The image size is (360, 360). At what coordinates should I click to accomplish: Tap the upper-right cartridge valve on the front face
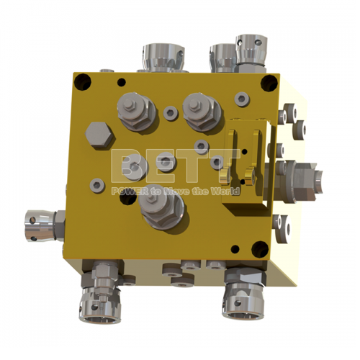[201, 109]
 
